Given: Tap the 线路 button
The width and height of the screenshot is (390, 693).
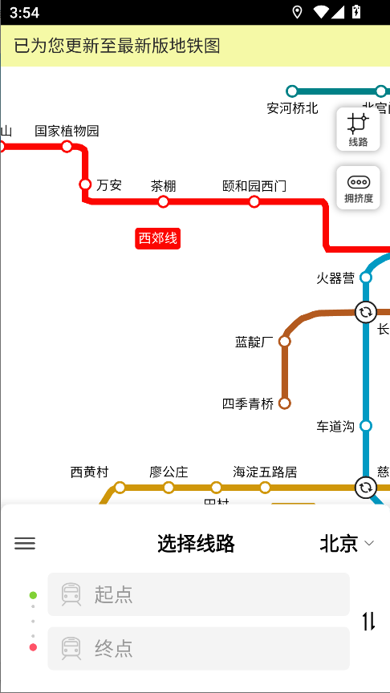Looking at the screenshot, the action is (358, 129).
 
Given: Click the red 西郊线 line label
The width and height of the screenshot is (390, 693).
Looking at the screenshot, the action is (158, 237).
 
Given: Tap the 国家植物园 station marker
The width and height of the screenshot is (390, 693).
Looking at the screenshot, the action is (67, 146).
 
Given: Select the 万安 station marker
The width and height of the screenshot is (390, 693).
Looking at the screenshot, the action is (85, 184).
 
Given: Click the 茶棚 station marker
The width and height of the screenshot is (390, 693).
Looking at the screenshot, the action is (163, 201).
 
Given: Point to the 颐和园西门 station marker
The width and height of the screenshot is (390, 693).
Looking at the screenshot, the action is (254, 201).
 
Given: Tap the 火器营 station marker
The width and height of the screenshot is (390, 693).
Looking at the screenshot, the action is (366, 278).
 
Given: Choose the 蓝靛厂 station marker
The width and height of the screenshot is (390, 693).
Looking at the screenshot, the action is (285, 342).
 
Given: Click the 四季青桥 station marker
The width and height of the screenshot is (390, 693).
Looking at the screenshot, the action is (284, 403).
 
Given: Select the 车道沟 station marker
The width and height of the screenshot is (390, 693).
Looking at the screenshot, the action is (366, 426).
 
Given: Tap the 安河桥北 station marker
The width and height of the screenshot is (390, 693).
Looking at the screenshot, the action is (292, 91).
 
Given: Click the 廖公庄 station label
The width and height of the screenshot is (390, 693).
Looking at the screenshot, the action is (169, 472).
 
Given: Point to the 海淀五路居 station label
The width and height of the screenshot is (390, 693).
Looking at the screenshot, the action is (265, 472).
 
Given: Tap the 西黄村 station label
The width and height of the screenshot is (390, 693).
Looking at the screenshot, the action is (89, 472).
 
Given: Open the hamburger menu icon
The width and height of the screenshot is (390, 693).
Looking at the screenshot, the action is (25, 543).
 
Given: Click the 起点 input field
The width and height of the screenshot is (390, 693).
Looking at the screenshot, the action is (198, 594).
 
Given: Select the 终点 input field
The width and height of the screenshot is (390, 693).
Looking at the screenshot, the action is (198, 648).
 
